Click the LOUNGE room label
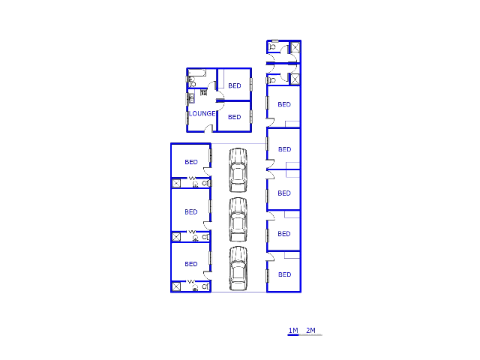click(202, 113)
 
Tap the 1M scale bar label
click(293, 330)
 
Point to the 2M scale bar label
click(310, 330)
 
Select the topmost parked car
click(238, 170)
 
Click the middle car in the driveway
click(238, 220)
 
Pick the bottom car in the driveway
click(238, 268)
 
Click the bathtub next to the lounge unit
click(196, 73)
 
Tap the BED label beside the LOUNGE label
click(235, 117)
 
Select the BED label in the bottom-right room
click(285, 274)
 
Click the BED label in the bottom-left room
click(191, 264)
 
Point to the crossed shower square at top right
click(295, 47)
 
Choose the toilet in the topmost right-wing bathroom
click(271, 47)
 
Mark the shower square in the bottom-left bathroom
click(176, 286)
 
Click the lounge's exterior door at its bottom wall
click(208, 129)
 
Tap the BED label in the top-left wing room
click(191, 162)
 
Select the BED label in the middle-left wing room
click(191, 211)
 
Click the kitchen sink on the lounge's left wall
click(191, 98)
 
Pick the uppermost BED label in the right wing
click(284, 104)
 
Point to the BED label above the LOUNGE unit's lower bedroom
click(235, 85)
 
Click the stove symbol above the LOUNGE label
click(203, 92)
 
